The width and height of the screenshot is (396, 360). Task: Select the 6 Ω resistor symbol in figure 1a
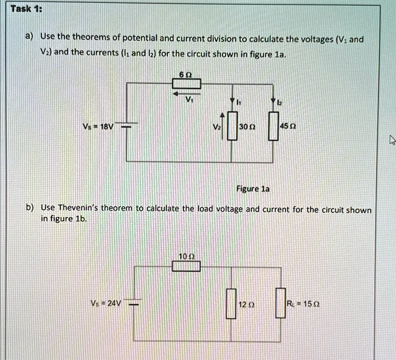click(x=186, y=84)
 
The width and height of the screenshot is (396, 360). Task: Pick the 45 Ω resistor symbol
click(x=274, y=126)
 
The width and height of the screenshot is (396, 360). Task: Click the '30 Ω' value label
click(x=246, y=127)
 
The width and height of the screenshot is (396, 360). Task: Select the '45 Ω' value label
click(x=288, y=127)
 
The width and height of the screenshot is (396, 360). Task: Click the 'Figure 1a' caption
click(x=253, y=189)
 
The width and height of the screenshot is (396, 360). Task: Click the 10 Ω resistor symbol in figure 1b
click(x=186, y=266)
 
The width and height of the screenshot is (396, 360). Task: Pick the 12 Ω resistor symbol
click(x=231, y=303)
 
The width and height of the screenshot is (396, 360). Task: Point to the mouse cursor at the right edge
click(x=392, y=141)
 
